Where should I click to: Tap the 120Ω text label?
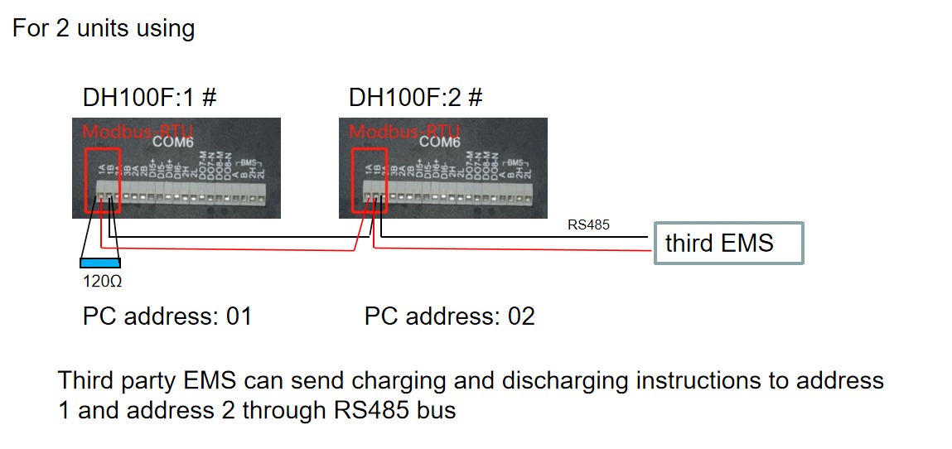pos(103,282)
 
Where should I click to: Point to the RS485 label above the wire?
pos(588,224)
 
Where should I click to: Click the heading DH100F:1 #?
pos(149,98)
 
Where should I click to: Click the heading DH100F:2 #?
pos(415,98)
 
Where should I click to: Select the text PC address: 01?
pos(167,316)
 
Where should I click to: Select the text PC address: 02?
pos(449,316)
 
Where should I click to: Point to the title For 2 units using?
pos(104,29)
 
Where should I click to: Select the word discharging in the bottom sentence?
pos(563,381)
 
